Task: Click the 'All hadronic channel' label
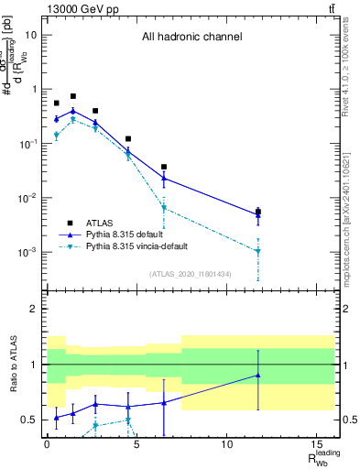tap(191, 38)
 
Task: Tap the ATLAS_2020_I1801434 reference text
tap(191, 274)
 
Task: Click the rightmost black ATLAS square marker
tap(258, 212)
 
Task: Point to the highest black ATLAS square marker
tap(73, 96)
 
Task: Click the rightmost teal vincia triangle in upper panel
tap(258, 251)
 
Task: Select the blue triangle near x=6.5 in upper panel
tap(164, 178)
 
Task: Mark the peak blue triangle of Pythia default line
tap(73, 111)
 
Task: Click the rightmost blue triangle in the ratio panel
tap(258, 375)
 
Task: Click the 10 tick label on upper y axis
tap(31, 35)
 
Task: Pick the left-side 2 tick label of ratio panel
tap(34, 310)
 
